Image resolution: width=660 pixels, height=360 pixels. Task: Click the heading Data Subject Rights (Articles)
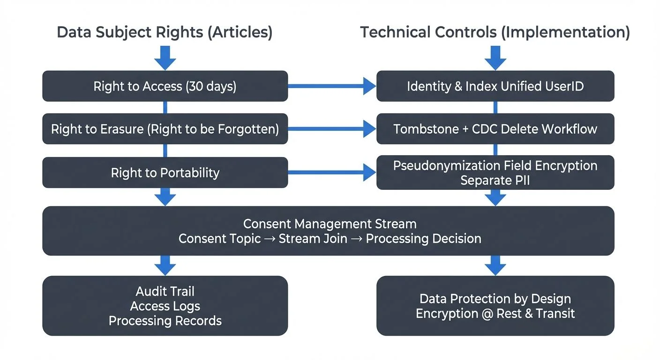(x=165, y=33)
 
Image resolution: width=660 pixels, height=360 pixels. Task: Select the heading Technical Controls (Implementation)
(x=495, y=33)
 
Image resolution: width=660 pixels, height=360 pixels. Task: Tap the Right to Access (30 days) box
(x=165, y=86)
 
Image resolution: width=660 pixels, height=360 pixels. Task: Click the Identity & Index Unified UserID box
(x=495, y=86)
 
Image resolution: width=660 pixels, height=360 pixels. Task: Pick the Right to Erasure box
(x=165, y=129)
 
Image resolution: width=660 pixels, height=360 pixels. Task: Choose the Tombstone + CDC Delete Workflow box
(x=495, y=129)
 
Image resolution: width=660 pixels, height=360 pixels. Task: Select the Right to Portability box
(x=165, y=172)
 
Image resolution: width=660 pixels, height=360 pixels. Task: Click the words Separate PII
(x=495, y=180)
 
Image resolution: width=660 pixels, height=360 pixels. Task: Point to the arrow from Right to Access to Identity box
(x=332, y=86)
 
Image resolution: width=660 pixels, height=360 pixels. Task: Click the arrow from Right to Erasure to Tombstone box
(x=332, y=129)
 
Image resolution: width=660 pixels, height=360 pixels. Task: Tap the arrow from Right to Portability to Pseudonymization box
(x=332, y=172)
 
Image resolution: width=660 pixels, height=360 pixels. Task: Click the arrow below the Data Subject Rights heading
(x=165, y=57)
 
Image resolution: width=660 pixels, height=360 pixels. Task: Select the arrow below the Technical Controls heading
(x=495, y=57)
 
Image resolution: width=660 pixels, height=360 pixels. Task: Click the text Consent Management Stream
(x=330, y=224)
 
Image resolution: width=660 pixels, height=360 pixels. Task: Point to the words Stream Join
(x=313, y=238)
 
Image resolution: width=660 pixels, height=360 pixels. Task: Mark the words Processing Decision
(x=423, y=238)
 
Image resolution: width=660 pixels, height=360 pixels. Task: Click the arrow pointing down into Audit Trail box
(x=165, y=265)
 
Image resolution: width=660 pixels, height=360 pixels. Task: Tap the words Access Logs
(x=165, y=306)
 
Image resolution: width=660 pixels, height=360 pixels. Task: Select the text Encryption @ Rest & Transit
(x=495, y=313)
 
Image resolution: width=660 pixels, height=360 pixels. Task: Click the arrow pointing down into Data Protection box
(x=495, y=265)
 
